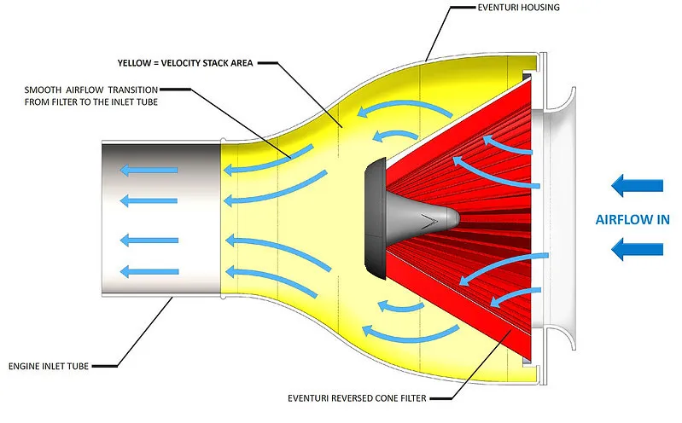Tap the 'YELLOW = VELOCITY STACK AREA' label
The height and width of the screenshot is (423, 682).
pyautogui.click(x=183, y=62)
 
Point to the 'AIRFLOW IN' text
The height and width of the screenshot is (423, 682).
pyautogui.click(x=632, y=218)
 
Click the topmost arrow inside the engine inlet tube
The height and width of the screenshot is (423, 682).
pyautogui.click(x=149, y=170)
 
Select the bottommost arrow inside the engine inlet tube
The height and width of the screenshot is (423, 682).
pyautogui.click(x=149, y=272)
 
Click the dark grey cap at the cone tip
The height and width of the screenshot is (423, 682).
pyautogui.click(x=373, y=219)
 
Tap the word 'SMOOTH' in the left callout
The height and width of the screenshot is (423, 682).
pyautogui.click(x=44, y=89)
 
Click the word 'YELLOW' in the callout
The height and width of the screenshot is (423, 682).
pyautogui.click(x=137, y=62)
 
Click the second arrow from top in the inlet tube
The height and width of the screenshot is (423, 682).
pyautogui.click(x=149, y=200)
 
